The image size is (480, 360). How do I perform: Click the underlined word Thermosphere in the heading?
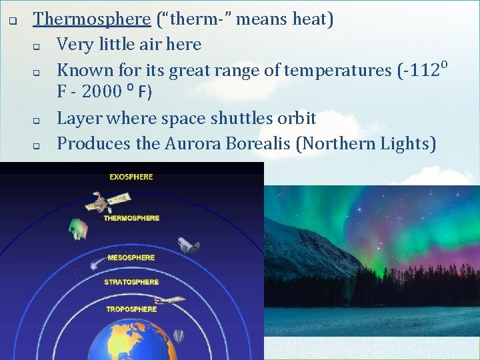coord(92,19)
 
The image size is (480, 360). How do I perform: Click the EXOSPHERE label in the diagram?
coord(131,177)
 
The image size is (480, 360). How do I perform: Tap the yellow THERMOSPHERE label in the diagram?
coord(131,218)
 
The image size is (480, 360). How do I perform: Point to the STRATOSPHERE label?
coord(131,282)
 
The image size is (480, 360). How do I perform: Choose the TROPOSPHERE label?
coord(131,309)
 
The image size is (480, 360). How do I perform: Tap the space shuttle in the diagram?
coord(188,245)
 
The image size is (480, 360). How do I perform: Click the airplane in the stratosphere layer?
coord(171,301)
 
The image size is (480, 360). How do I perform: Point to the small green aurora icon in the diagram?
coord(78,229)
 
